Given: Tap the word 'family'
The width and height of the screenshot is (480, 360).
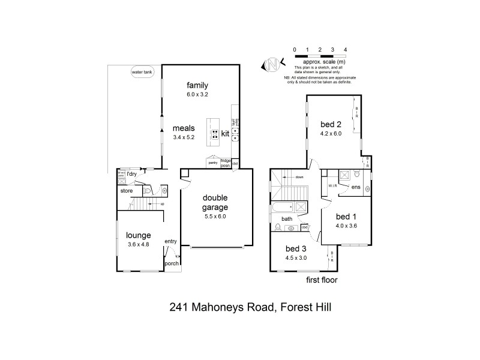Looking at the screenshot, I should (197, 85).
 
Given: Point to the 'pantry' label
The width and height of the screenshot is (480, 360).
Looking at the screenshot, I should (212, 162).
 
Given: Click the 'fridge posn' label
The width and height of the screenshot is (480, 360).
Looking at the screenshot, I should (226, 163).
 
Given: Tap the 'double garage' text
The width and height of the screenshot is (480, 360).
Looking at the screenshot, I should (214, 202).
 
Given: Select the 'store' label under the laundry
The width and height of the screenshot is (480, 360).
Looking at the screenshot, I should (126, 191).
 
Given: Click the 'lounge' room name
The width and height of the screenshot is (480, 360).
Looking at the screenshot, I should (138, 235).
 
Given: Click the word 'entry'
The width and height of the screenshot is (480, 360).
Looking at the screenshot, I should (171, 241).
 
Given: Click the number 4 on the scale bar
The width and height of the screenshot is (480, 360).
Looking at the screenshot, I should (345, 49).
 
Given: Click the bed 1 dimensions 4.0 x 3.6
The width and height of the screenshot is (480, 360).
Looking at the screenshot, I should (346, 226).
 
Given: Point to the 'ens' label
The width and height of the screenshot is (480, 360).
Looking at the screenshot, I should (355, 187).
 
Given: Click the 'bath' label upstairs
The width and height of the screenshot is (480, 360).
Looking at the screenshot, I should (287, 219).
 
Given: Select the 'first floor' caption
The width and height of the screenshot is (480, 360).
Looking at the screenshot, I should (321, 280).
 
